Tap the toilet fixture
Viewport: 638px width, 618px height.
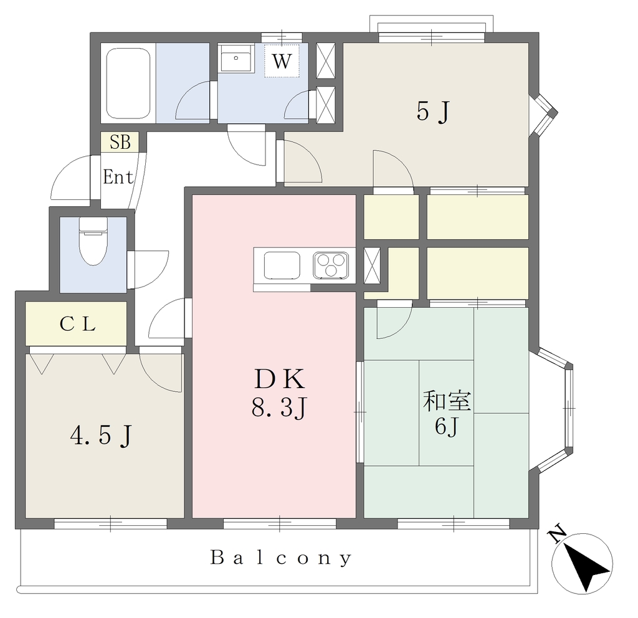[93, 241]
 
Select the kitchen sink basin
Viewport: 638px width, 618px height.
[282, 265]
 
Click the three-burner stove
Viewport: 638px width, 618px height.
[331, 265]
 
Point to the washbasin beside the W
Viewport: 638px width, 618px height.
[236, 59]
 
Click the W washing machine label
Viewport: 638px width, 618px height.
[282, 62]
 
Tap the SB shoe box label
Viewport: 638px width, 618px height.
[120, 143]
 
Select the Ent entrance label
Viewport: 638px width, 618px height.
[118, 177]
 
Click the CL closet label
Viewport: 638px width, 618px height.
[77, 324]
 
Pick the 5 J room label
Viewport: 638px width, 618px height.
[433, 111]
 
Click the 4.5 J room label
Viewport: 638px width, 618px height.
[102, 435]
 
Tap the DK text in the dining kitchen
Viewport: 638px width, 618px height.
[280, 379]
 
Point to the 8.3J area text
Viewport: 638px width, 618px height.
[279, 407]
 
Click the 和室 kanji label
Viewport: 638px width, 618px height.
[447, 401]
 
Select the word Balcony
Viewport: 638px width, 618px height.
[281, 558]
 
